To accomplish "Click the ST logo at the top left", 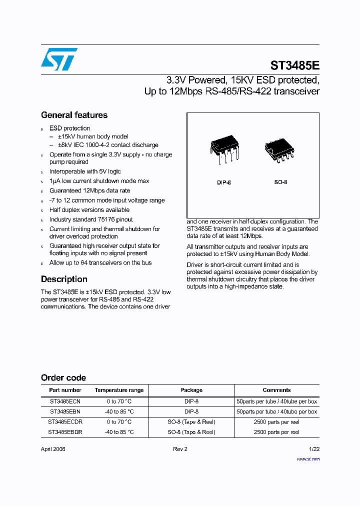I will pyautogui.click(x=59, y=59).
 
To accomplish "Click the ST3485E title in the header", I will pyautogui.click(x=294, y=65).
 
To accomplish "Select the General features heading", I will pyautogui.click(x=74, y=115).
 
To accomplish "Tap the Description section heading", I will pyautogui.click(x=64, y=279).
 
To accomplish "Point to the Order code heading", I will pyautogui.click(x=63, y=378).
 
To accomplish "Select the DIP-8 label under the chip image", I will pyautogui.click(x=223, y=182).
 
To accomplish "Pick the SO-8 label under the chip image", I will pyautogui.click(x=280, y=182).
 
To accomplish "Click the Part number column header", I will pyautogui.click(x=65, y=390).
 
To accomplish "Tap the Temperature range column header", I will pyautogui.click(x=119, y=390).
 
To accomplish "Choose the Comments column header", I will pyautogui.click(x=276, y=390).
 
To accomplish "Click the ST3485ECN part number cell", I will pyautogui.click(x=65, y=401).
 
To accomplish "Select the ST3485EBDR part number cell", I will pyautogui.click(x=65, y=432).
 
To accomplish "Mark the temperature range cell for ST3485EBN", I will pyautogui.click(x=119, y=411).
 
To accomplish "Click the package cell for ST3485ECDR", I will pyautogui.click(x=191, y=422).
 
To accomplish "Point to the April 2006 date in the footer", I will pyautogui.click(x=53, y=449).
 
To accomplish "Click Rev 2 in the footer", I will pyautogui.click(x=180, y=449).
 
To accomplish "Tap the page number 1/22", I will pyautogui.click(x=313, y=449).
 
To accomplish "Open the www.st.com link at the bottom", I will pyautogui.click(x=308, y=458).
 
